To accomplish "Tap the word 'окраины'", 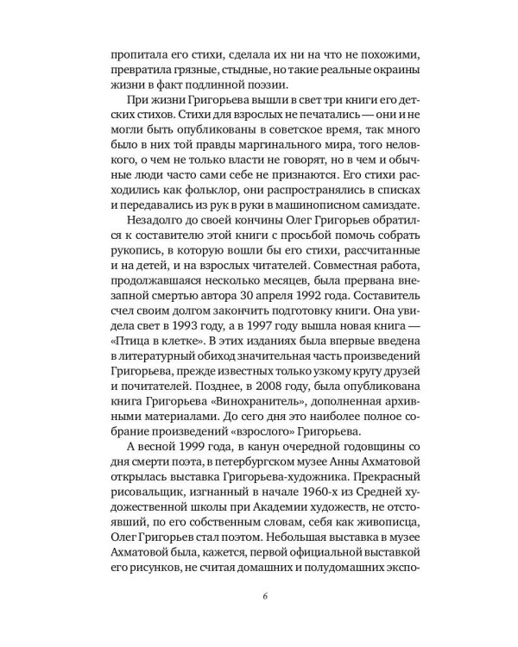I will pos(391,68).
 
